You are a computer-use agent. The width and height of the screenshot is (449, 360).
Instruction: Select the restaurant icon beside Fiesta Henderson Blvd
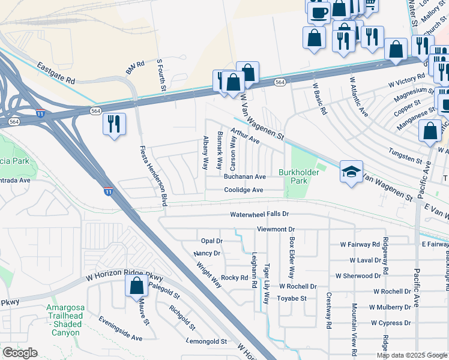[114, 124]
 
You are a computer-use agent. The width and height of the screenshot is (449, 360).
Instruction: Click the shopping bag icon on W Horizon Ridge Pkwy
[136, 286]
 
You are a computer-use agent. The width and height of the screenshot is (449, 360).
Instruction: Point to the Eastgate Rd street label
[55, 73]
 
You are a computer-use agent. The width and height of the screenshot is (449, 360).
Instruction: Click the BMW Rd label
[135, 68]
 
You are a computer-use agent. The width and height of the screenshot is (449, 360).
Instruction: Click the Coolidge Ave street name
[244, 190]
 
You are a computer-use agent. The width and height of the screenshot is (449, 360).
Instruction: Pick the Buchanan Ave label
[244, 177]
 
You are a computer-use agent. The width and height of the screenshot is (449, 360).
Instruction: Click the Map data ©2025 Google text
[412, 355]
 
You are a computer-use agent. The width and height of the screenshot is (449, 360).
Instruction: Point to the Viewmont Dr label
[276, 229]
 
